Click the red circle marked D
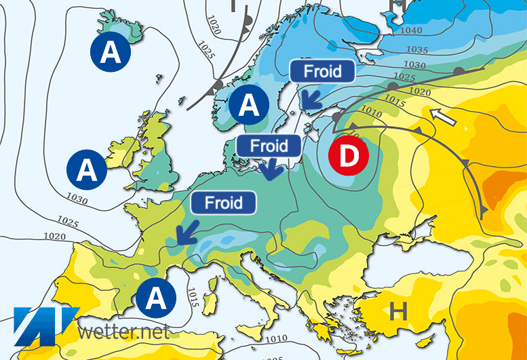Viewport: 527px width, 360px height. [347, 156]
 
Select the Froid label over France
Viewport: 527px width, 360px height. [224, 203]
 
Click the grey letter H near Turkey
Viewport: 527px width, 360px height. [398, 312]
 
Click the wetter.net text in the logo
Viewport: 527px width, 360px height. [123, 332]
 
